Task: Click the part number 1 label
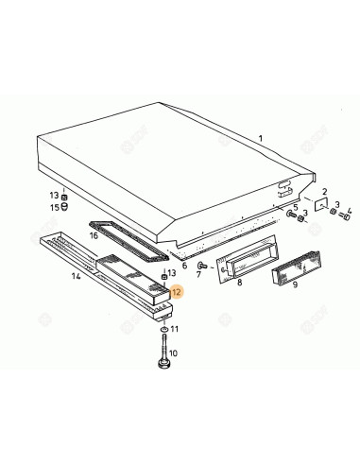pos(261,139)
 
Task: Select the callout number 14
pos(76,277)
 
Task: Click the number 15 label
pos(54,206)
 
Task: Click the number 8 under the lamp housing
pos(240,282)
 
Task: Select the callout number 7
pos(199,274)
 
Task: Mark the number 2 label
pos(325,191)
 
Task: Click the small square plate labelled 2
pos(321,207)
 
